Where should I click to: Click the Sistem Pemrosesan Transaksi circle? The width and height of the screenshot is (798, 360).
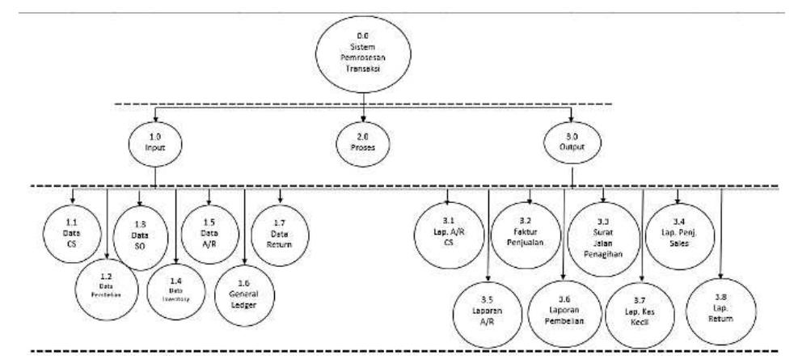point(363,54)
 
